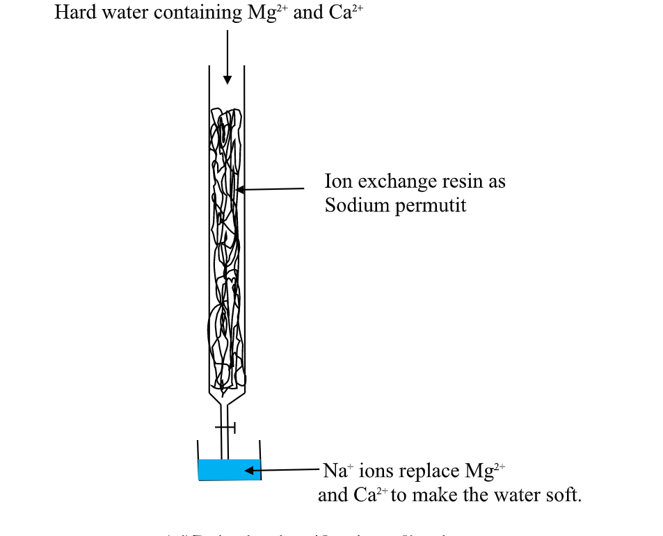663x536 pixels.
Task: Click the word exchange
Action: pos(394,182)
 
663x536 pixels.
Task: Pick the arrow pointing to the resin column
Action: pos(271,188)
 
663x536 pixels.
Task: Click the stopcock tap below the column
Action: pos(225,427)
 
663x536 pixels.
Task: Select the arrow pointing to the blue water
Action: pos(282,471)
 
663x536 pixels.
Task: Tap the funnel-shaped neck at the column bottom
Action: pos(226,400)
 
